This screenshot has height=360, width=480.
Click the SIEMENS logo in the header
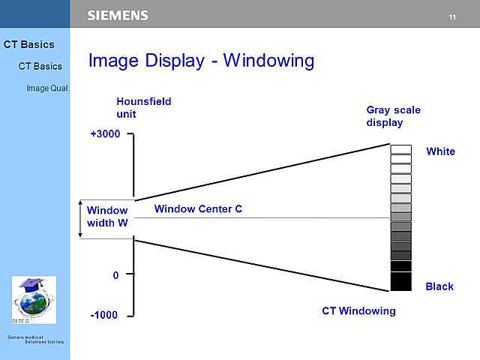pos(118,15)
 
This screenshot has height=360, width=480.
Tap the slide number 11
pos(452,16)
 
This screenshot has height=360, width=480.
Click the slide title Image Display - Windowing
pos(201,61)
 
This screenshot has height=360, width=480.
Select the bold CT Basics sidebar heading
pos(28,44)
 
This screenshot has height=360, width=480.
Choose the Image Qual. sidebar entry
pos(47,88)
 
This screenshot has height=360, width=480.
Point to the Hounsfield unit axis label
pos(139,108)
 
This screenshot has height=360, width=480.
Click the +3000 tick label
pos(105,135)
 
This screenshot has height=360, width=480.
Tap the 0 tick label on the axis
pos(115,275)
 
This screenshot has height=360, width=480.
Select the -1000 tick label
pos(103,315)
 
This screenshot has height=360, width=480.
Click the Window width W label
pos(107,217)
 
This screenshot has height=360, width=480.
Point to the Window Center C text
pos(198,208)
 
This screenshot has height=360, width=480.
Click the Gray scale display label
pos(393,116)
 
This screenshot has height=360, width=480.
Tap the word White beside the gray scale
pos(440,151)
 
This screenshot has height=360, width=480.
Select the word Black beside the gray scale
pos(439,286)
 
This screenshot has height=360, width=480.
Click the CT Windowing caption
pos(358,310)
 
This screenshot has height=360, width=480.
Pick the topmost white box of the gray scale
pos(401,149)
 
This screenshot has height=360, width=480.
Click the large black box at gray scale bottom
pos(401,281)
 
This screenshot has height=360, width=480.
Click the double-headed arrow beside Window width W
pos(81,219)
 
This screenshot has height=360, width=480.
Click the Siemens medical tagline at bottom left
pos(35,340)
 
